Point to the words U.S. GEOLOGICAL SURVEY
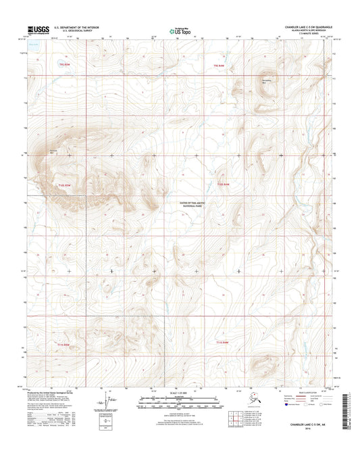pos(66,32)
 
